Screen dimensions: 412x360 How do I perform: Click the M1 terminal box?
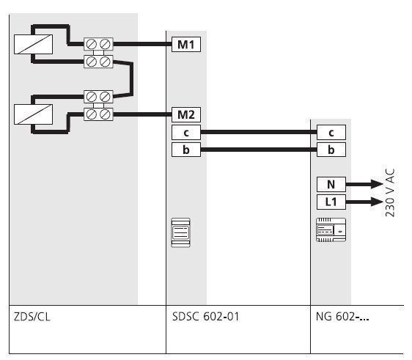(186, 44)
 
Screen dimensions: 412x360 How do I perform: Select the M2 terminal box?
(186, 114)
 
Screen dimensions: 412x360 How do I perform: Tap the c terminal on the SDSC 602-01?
(186, 132)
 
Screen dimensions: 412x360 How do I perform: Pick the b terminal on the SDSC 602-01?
(186, 150)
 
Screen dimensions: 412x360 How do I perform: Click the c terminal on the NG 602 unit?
(331, 132)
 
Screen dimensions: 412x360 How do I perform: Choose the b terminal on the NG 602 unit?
(331, 150)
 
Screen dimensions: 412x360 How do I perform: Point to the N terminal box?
(331, 184)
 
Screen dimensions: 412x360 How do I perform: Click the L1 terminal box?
(331, 202)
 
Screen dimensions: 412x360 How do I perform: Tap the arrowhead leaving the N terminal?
(377, 184)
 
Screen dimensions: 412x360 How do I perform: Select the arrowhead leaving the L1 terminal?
(377, 202)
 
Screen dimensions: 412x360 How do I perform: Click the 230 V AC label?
(390, 193)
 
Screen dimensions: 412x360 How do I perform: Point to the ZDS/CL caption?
(32, 317)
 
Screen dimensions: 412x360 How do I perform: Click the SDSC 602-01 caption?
(205, 317)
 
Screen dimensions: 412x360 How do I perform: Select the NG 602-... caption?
(342, 317)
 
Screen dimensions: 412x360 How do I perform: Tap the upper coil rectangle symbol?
(33, 45)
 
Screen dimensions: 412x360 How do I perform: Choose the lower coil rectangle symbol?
(33, 114)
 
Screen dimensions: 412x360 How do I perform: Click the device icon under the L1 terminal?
(331, 229)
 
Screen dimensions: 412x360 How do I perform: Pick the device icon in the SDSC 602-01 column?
(181, 232)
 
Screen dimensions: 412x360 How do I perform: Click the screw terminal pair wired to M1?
(98, 44)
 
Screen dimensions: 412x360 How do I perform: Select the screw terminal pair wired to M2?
(98, 114)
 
